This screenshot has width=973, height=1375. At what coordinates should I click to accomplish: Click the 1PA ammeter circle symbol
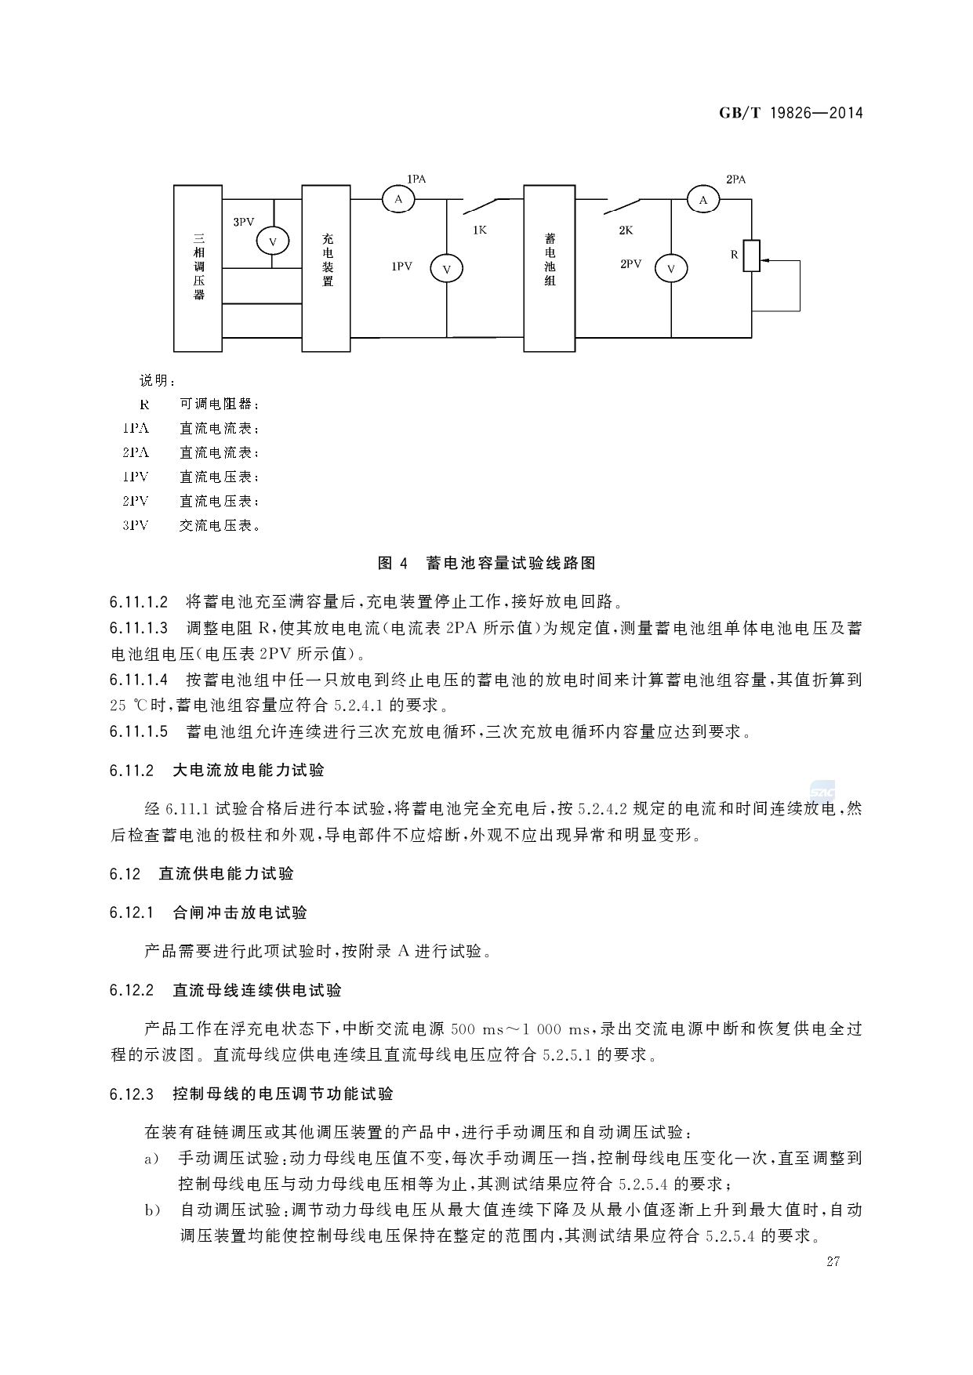(398, 200)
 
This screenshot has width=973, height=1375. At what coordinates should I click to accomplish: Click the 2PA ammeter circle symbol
(703, 200)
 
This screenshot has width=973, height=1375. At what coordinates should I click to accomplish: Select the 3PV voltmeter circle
(273, 241)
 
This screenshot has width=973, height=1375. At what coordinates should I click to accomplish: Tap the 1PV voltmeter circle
(447, 269)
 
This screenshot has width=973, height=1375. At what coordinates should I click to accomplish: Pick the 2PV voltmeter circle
(671, 269)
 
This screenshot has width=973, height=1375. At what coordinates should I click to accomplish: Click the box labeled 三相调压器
(198, 267)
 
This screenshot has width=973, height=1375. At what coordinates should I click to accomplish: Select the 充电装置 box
(326, 267)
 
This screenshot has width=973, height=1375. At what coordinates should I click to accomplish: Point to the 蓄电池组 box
(549, 267)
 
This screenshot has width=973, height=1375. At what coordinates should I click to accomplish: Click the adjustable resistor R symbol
(752, 256)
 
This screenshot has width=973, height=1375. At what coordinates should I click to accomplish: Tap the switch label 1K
(480, 230)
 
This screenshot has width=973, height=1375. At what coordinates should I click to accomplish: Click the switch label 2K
(625, 230)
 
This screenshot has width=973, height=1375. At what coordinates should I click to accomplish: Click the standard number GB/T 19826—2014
(790, 113)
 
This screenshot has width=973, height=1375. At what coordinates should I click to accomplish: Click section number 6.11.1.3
(139, 629)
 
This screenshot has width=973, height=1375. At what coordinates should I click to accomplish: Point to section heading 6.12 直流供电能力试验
(202, 873)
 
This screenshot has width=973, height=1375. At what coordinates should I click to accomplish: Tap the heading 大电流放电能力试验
(248, 770)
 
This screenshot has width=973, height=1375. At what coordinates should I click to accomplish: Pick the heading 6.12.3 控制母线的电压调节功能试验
(252, 1094)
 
